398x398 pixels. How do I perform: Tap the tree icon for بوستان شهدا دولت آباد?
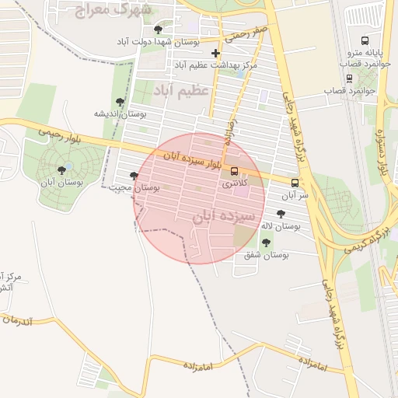pos(159,30)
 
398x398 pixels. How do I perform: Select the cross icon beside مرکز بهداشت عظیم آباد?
pos(215,54)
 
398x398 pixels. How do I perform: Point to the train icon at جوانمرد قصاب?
pos(350,78)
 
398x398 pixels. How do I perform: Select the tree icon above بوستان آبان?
pos(62,170)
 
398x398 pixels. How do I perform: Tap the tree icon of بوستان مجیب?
pos(134,176)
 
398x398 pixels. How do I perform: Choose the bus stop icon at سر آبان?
pos(294,183)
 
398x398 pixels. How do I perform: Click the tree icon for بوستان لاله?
pos(281,214)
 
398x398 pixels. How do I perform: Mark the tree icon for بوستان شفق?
pos(265,243)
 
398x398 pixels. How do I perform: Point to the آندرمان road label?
pos(28,319)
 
